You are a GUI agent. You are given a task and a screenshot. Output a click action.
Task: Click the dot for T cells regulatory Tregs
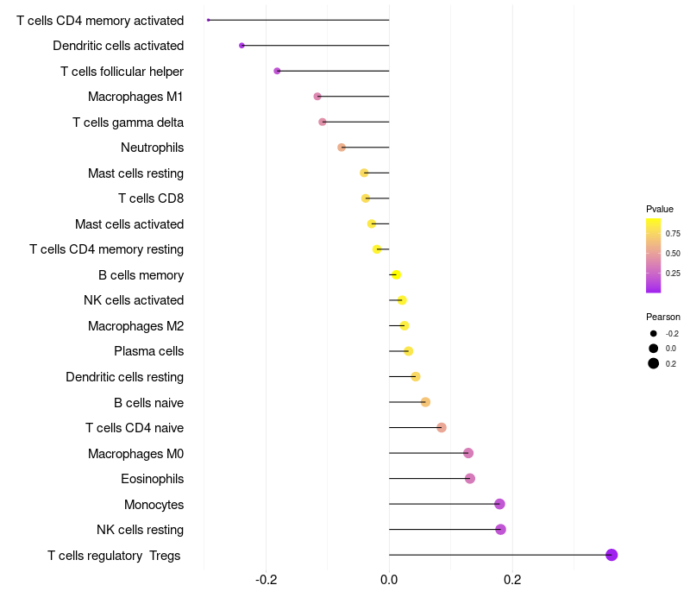[612, 555]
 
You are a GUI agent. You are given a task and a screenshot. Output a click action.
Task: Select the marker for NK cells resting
[500, 530]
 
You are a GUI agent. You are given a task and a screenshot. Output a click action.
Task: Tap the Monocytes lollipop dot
[499, 504]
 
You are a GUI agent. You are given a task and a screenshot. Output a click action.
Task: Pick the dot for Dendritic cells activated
[241, 45]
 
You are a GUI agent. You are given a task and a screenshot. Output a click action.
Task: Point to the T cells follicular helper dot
[277, 71]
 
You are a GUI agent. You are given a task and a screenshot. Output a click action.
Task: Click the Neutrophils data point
[342, 148]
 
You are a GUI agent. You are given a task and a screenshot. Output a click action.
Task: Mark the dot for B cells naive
[425, 402]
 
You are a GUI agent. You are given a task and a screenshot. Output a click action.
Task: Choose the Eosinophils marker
[470, 479]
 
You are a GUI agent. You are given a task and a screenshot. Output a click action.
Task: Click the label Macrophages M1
[135, 97]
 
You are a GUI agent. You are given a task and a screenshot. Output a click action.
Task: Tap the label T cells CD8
[151, 198]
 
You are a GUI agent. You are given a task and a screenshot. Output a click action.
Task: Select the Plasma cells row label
[148, 351]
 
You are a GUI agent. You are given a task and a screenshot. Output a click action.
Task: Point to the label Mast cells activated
[129, 224]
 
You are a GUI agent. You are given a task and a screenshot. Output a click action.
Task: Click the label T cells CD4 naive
[135, 428]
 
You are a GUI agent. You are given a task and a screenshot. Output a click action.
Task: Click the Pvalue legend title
[660, 209]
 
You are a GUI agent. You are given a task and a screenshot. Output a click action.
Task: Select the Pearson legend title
[663, 317]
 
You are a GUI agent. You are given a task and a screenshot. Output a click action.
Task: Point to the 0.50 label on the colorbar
[673, 254]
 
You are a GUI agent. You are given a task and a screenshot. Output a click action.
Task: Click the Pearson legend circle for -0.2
[654, 334]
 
